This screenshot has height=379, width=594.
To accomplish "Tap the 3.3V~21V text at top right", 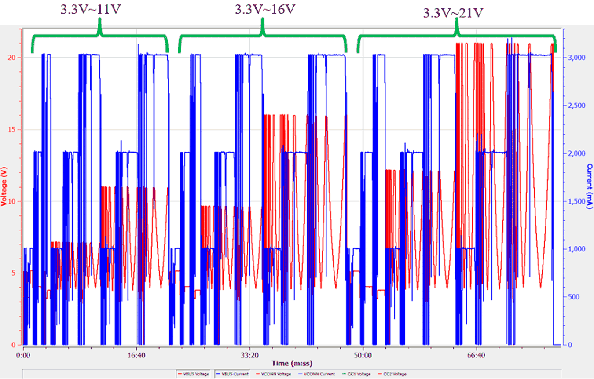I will click(453, 12).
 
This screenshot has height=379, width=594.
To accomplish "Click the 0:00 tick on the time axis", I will click(23, 354).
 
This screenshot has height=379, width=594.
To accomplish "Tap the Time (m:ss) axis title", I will click(292, 363).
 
